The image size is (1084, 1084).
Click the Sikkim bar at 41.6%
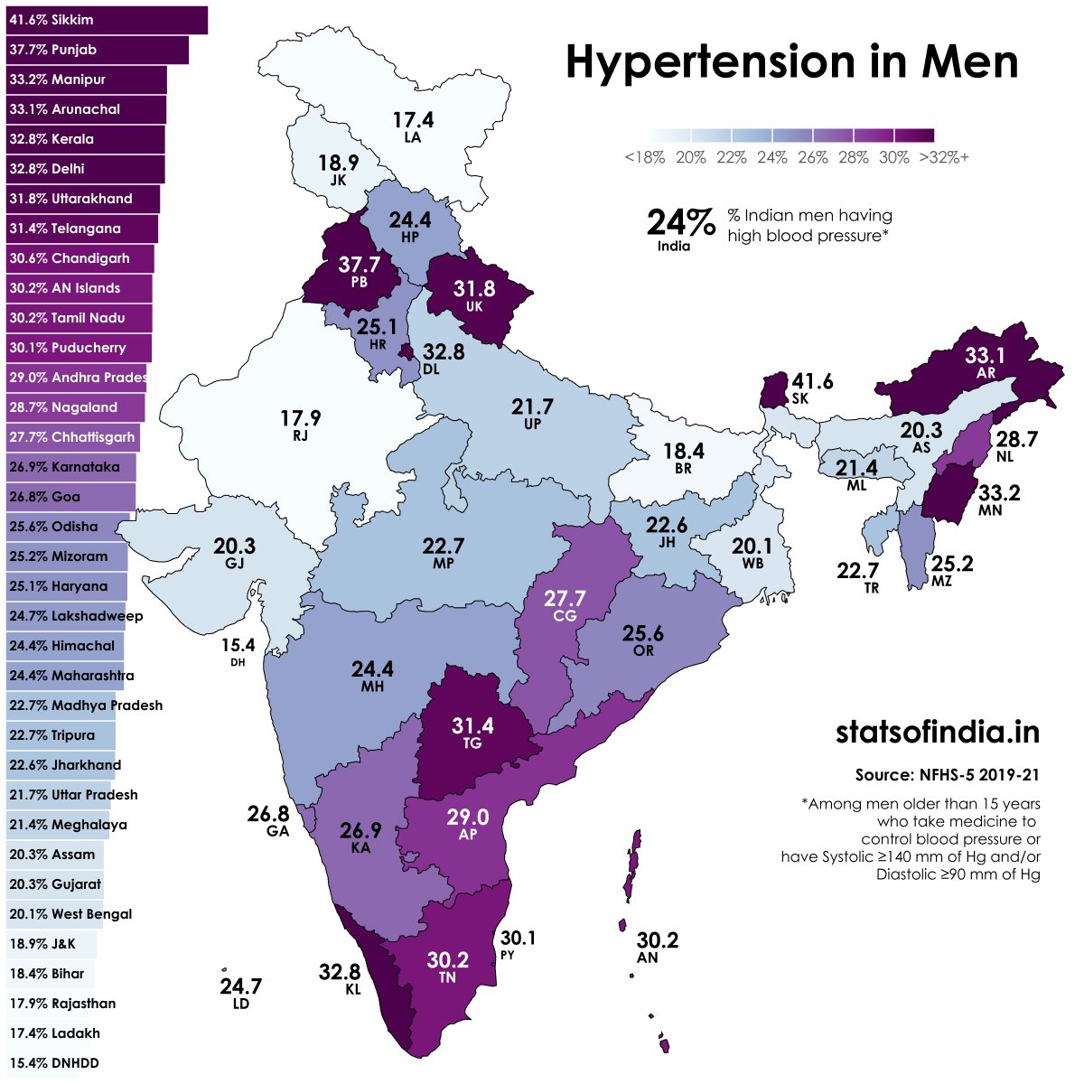pyautogui.click(x=107, y=20)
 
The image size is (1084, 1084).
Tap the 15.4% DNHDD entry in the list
pyautogui.click(x=54, y=1063)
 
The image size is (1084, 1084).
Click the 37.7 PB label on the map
pyautogui.click(x=359, y=270)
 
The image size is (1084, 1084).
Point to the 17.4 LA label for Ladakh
pyautogui.click(x=413, y=126)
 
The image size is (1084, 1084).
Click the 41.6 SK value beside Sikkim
pyautogui.click(x=811, y=388)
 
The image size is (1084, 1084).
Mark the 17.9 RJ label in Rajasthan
pyautogui.click(x=300, y=425)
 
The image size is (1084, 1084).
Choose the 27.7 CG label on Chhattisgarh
pyautogui.click(x=565, y=604)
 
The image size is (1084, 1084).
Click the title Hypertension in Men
pyautogui.click(x=791, y=62)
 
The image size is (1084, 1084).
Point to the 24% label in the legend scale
pyautogui.click(x=772, y=157)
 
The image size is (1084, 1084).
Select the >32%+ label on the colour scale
pyautogui.click(x=944, y=157)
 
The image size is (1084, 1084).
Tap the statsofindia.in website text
pyautogui.click(x=937, y=732)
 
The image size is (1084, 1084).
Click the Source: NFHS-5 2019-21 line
pyautogui.click(x=948, y=775)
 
